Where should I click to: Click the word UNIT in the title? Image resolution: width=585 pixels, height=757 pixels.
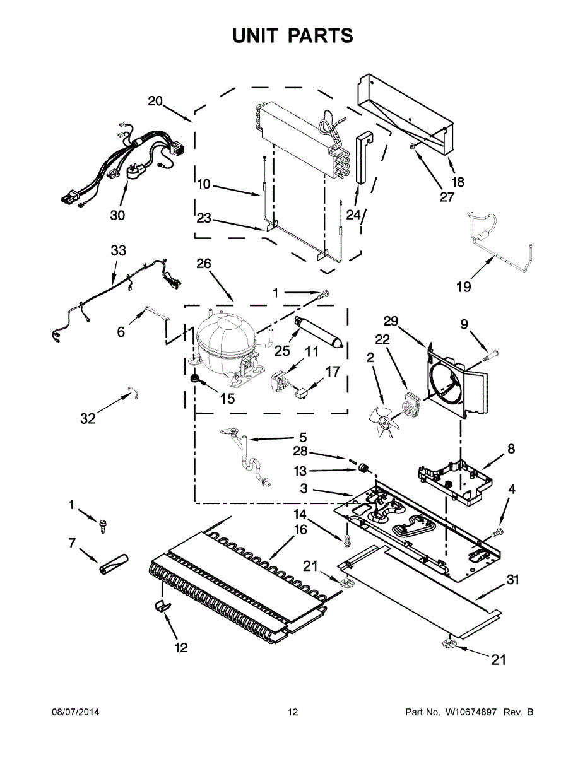tap(255, 36)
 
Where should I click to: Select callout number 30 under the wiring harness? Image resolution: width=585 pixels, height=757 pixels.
tap(117, 215)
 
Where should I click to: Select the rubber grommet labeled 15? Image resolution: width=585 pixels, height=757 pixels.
tap(196, 378)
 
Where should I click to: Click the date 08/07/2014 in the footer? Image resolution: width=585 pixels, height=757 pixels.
tap(75, 712)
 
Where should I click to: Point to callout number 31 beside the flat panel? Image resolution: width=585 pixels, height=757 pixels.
tap(512, 579)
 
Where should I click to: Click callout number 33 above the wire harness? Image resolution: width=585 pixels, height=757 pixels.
tap(119, 250)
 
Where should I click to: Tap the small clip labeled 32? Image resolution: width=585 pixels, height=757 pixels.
tap(133, 394)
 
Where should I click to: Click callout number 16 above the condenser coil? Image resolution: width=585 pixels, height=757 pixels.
tap(301, 530)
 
